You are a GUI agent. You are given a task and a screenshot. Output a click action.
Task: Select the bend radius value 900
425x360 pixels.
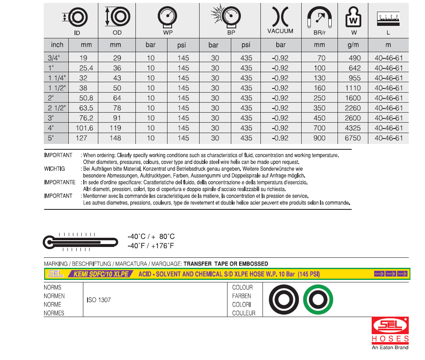320,138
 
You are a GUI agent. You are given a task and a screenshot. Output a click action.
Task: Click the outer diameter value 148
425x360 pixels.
115,138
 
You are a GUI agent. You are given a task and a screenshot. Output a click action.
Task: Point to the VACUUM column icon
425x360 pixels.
280,18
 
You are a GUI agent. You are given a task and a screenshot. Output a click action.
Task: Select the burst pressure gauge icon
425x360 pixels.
230,17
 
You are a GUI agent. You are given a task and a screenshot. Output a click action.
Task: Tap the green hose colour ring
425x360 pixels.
318,299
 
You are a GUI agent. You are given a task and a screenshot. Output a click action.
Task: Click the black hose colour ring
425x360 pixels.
283,299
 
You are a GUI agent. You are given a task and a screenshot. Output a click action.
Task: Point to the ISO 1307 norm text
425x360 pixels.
99,300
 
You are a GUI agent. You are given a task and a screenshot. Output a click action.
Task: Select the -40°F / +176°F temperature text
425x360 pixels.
150,246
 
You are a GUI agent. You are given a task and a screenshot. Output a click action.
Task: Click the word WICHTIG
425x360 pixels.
55,169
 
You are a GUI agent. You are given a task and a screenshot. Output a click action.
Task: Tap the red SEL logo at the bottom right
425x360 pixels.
390,326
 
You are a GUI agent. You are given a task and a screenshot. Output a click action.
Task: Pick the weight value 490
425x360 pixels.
355,58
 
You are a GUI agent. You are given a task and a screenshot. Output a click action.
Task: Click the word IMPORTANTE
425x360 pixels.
60,182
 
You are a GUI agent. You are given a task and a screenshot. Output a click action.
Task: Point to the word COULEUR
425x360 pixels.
244,313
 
